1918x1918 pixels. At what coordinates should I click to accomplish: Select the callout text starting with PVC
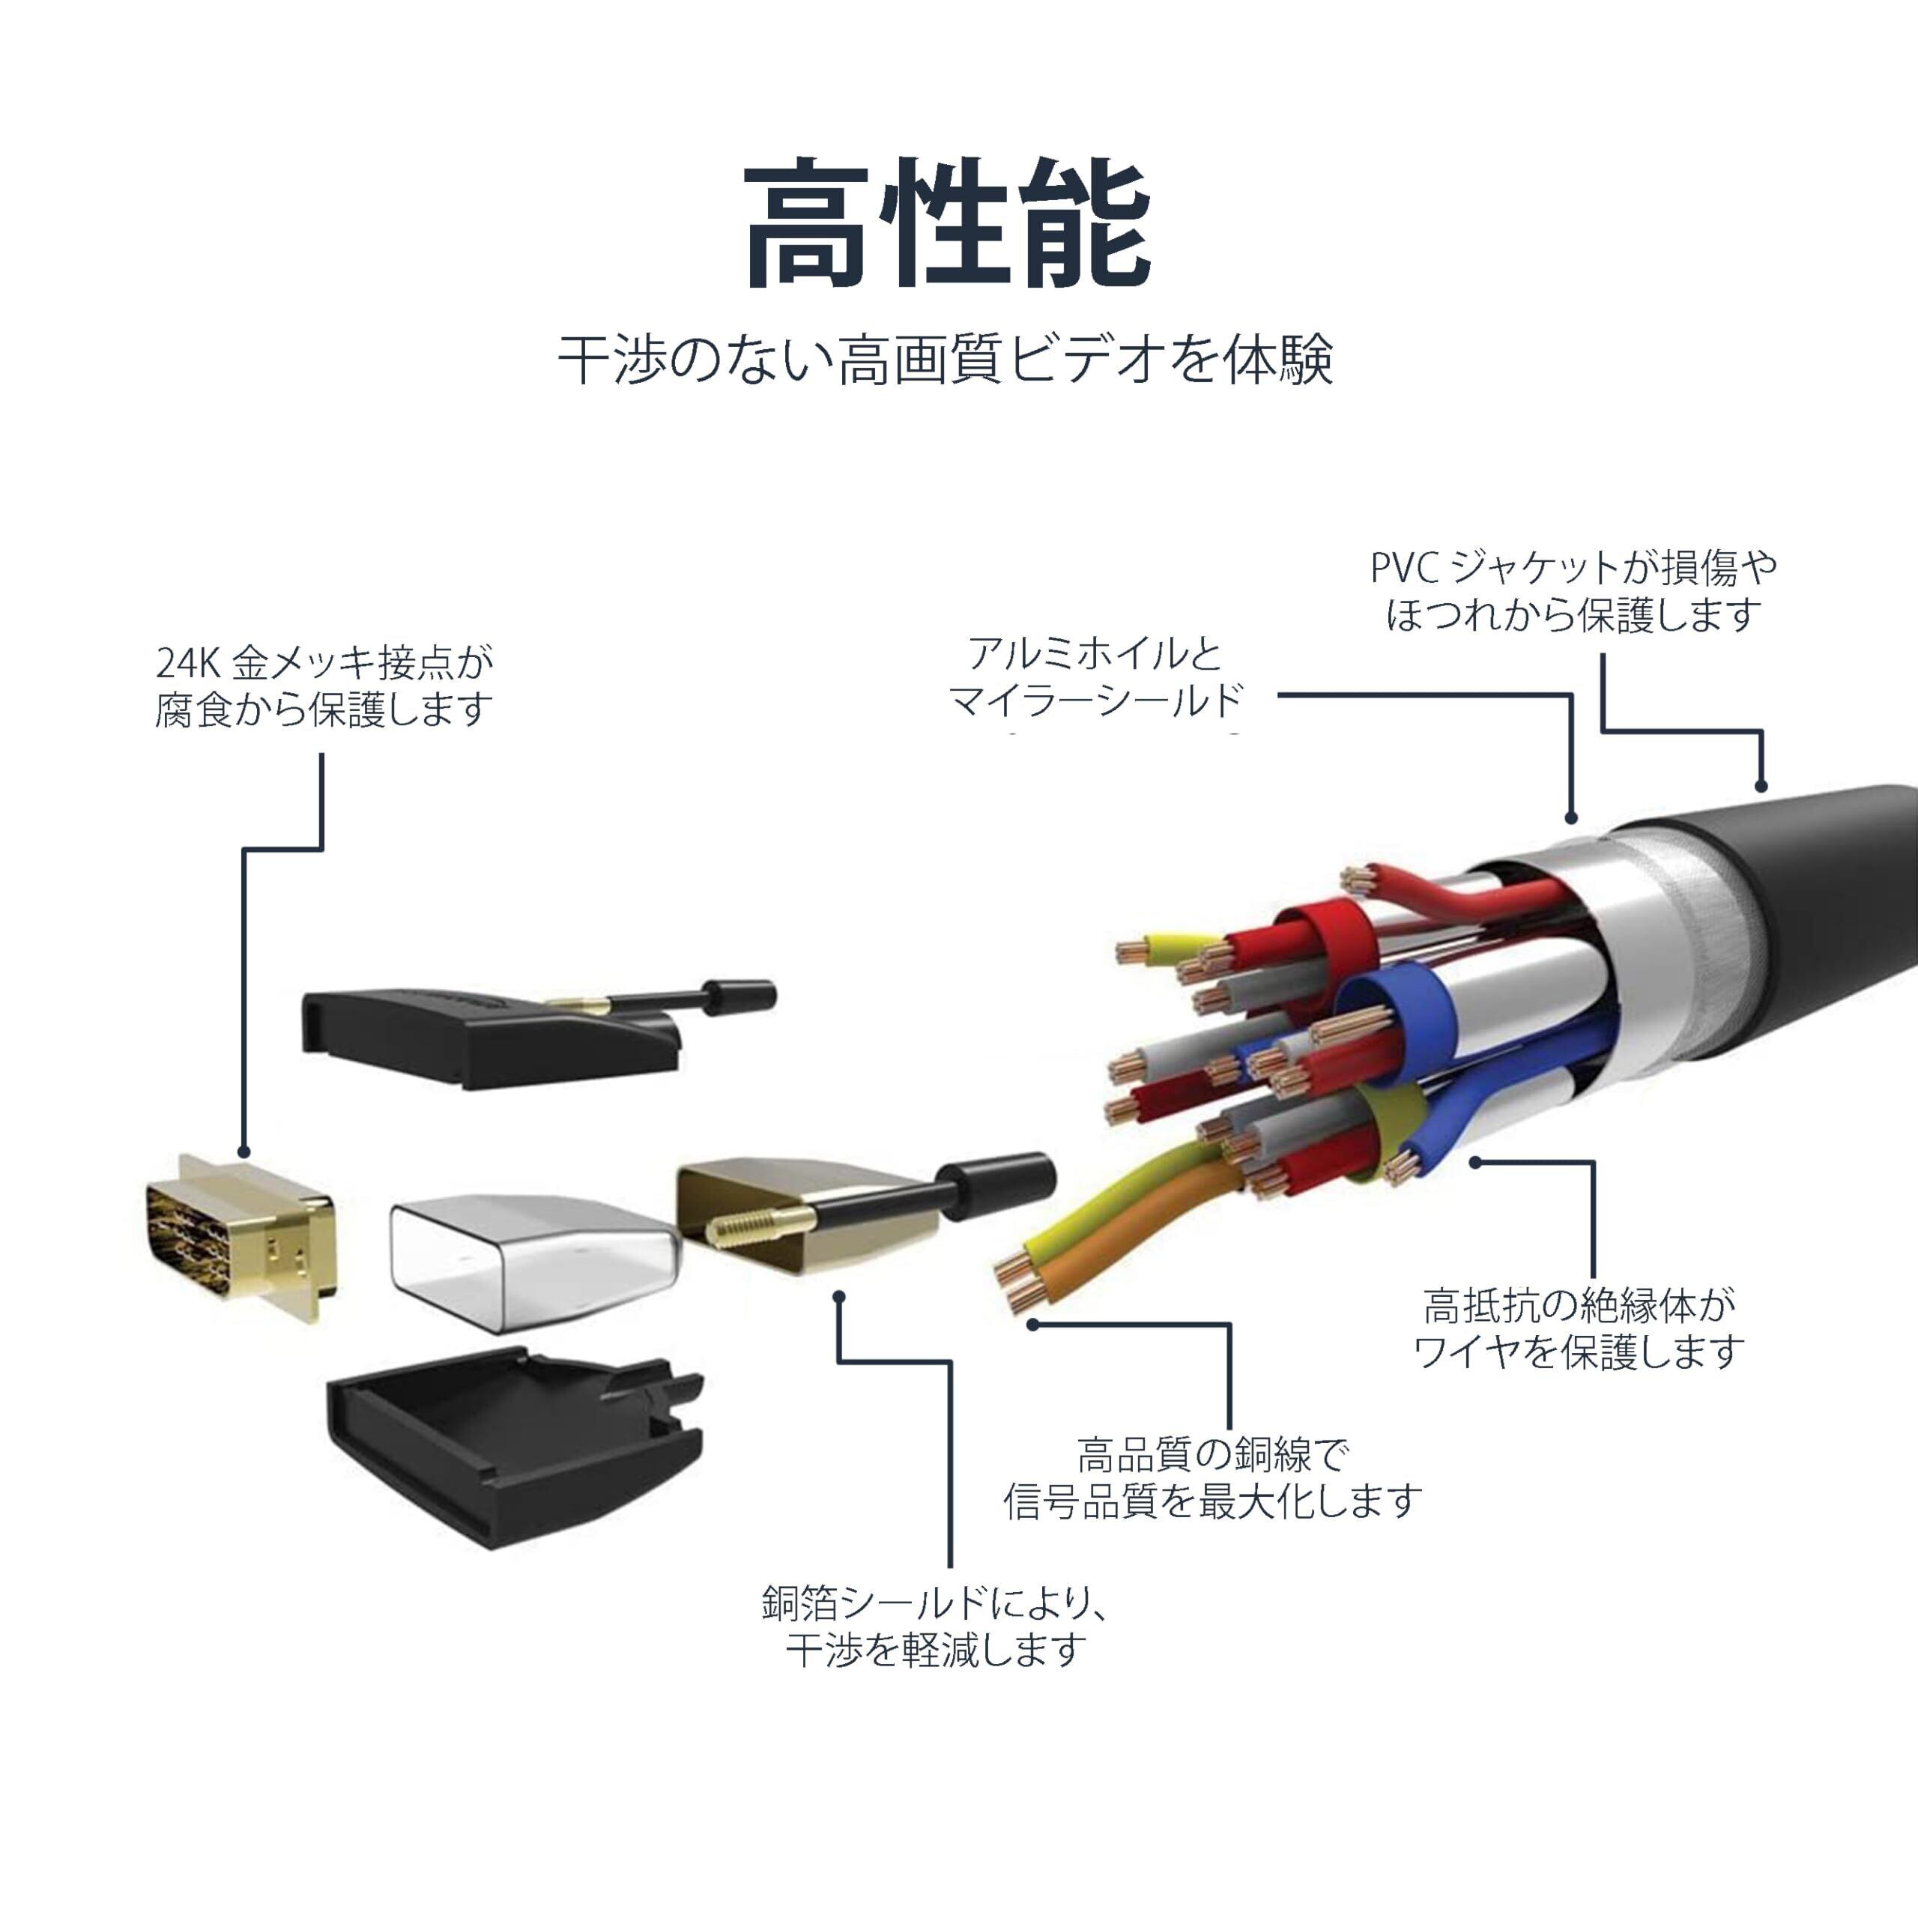point(1573,592)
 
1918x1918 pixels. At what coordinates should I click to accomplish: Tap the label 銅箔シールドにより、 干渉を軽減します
point(934,1626)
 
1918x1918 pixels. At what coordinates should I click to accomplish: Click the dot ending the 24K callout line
point(244,1151)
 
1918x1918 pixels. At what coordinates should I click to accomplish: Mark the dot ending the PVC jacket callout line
point(1761,786)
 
